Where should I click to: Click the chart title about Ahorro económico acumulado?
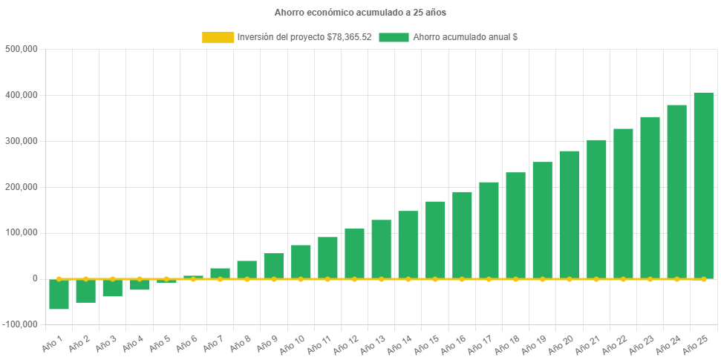pyautogui.click(x=360, y=13)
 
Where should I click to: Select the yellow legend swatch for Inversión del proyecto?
pyautogui.click(x=217, y=37)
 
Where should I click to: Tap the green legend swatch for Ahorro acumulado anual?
pyautogui.click(x=394, y=37)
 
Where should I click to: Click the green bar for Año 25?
pyautogui.click(x=703, y=186)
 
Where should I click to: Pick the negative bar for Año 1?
pyautogui.click(x=59, y=294)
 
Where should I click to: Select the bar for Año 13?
pyautogui.click(x=381, y=249)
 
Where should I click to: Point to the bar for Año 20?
pyautogui.click(x=569, y=215)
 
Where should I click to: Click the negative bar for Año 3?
pyautogui.click(x=112, y=288)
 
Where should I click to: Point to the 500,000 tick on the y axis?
pyautogui.click(x=21, y=49)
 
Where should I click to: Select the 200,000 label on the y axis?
pyautogui.click(x=21, y=187)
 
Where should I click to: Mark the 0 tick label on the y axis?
pyautogui.click(x=34, y=278)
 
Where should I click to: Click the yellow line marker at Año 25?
pyautogui.click(x=703, y=279)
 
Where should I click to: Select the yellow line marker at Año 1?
pyautogui.click(x=59, y=279)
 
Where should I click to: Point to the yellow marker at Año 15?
pyautogui.click(x=434, y=279)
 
